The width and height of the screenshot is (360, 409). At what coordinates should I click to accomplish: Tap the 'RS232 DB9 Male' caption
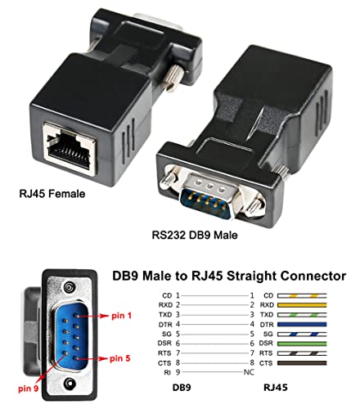200,235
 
